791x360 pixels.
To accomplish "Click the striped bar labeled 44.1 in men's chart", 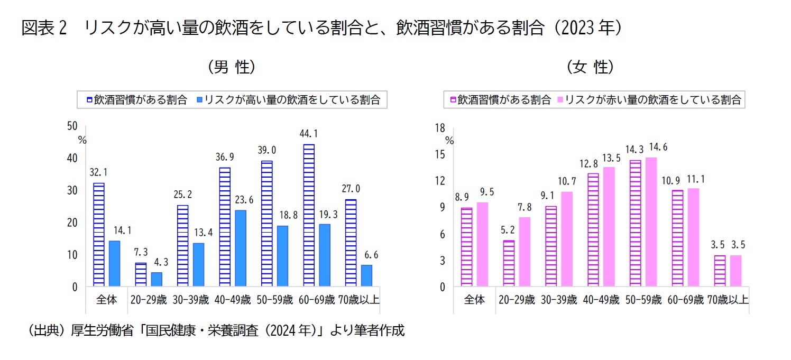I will tap(309, 215).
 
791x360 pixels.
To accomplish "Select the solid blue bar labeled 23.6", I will tap(240, 248).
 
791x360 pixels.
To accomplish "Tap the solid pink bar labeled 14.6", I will tap(651, 222).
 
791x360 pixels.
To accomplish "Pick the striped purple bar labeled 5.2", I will tap(509, 264).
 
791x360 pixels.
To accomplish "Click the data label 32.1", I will tap(99, 172).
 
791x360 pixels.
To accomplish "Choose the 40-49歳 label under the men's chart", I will tap(233, 300).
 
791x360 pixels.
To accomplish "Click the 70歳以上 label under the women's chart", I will tap(728, 300).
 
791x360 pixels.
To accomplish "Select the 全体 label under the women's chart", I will tap(474, 300).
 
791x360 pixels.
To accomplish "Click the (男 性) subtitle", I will tap(232, 67).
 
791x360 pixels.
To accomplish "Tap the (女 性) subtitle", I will tap(590, 67).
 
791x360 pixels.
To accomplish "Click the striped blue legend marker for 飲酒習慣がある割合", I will tap(89, 100).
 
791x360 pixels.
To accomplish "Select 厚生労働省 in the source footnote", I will tap(98, 331).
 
